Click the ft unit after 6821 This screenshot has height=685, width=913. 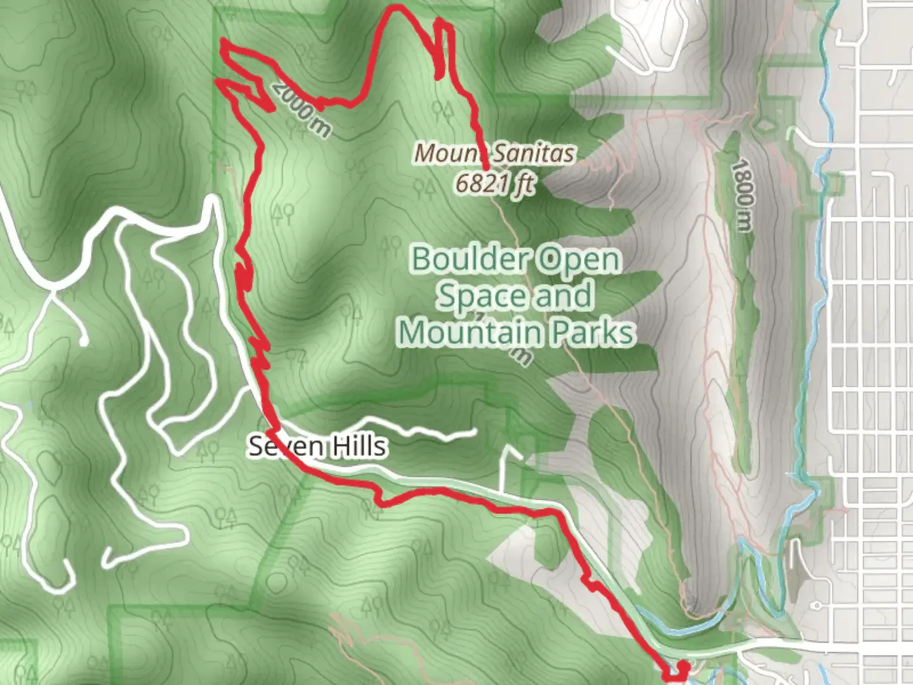coord(524,184)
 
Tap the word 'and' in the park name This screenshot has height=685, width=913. coord(563,296)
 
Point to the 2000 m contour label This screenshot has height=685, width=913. coord(299,109)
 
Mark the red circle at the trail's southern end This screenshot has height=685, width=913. coord(683,667)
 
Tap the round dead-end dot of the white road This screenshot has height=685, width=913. coord(83,342)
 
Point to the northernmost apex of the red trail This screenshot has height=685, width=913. coord(397,7)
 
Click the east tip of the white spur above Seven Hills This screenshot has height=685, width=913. coord(474,432)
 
